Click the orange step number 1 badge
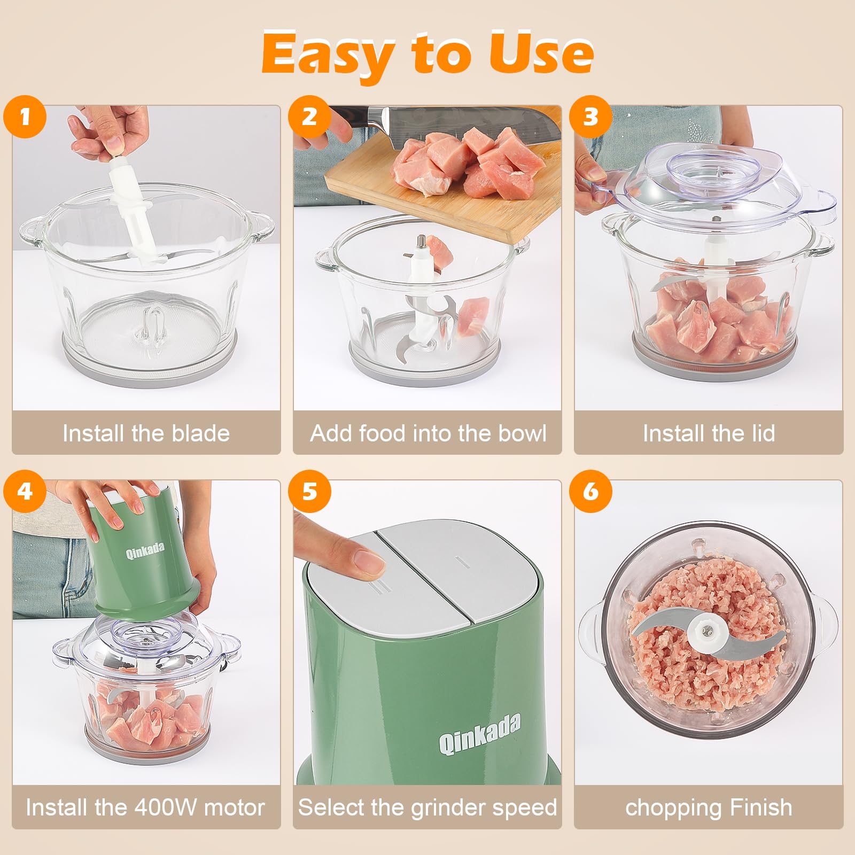[25, 116]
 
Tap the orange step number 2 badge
[309, 116]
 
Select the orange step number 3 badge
[590, 116]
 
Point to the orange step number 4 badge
[25, 491]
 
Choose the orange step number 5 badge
[309, 491]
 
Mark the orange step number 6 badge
[590, 491]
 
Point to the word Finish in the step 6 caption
[760, 807]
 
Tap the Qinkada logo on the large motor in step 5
[479, 736]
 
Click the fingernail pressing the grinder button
[369, 561]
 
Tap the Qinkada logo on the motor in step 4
[145, 551]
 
